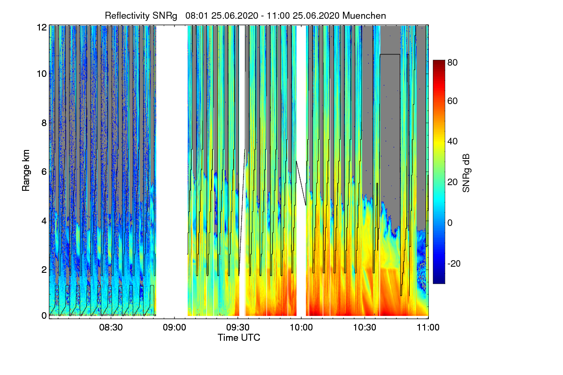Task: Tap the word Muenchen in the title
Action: coord(364,15)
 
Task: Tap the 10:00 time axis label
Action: coord(301,328)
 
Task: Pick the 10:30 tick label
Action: coord(365,328)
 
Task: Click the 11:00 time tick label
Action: coord(428,328)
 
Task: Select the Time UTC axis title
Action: coord(239,337)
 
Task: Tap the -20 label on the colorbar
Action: coord(454,263)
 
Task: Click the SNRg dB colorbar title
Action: coord(466,172)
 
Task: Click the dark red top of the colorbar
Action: coord(438,63)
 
